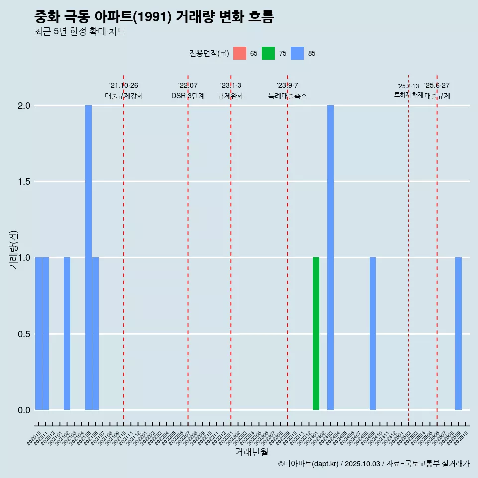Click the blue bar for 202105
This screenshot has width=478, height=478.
click(x=88, y=257)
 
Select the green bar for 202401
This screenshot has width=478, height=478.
click(x=316, y=334)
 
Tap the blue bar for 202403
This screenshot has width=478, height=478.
click(x=330, y=257)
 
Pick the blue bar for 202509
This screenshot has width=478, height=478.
click(x=458, y=334)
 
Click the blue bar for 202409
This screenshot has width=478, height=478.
click(x=373, y=334)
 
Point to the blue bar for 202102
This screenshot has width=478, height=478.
click(x=67, y=334)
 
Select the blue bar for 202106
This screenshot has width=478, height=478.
click(x=95, y=334)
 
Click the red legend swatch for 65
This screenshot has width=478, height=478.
click(x=239, y=53)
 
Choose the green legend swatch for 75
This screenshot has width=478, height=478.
click(x=268, y=53)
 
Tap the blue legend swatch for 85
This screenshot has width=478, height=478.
click(x=297, y=53)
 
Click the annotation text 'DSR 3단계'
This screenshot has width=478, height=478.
click(x=188, y=96)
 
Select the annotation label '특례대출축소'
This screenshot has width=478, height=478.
click(x=287, y=96)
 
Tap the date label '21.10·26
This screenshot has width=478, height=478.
click(x=123, y=85)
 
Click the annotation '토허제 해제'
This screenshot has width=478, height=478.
click(x=408, y=95)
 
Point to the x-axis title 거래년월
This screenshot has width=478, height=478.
click(x=251, y=452)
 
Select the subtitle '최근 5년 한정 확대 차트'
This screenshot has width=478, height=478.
click(x=80, y=32)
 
